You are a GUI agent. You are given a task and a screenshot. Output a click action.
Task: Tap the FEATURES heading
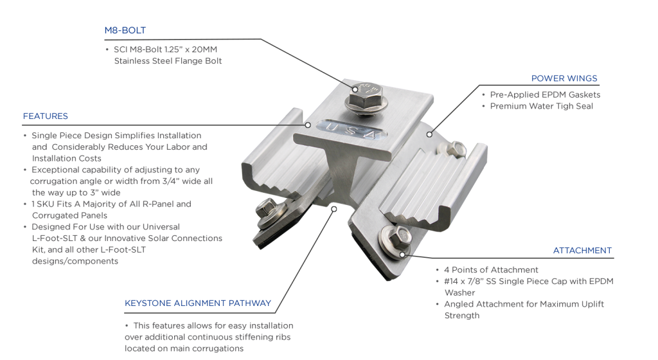[45, 116]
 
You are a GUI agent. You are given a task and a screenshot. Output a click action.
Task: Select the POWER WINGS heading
[564, 78]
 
